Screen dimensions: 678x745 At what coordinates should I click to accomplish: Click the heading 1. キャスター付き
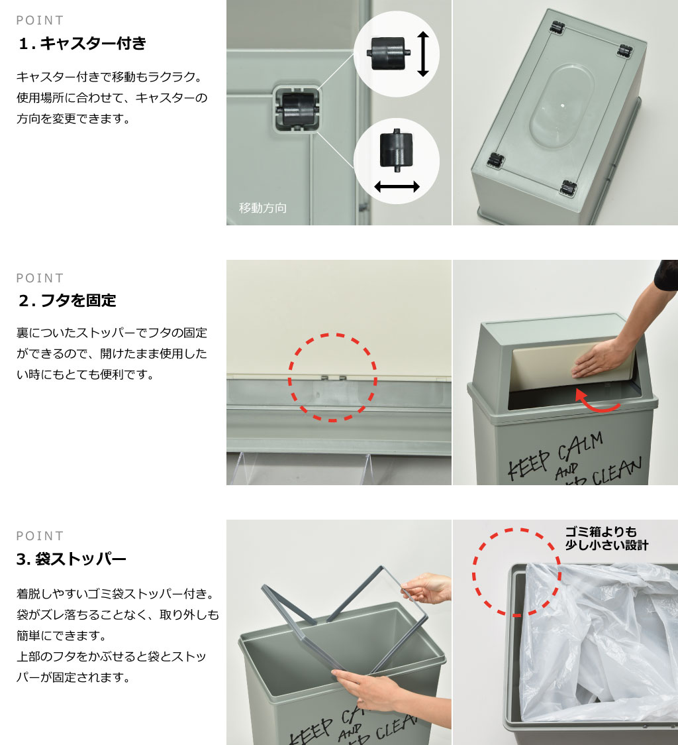82,43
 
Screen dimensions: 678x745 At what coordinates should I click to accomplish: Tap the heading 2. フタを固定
68,300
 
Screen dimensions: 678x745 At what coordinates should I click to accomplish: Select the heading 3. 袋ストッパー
72,559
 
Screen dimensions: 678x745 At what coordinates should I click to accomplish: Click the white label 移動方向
263,207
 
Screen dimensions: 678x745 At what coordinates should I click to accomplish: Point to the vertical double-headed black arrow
422,54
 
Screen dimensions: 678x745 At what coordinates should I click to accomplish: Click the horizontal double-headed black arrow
397,186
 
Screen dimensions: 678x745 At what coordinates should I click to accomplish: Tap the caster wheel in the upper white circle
389,53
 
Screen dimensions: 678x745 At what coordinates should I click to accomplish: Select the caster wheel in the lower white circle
397,150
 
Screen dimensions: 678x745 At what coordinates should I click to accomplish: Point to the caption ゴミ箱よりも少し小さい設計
606,538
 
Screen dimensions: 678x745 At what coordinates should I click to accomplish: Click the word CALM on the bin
580,446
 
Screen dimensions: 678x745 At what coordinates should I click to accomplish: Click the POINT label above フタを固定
40,278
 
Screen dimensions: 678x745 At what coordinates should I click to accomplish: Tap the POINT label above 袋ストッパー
40,536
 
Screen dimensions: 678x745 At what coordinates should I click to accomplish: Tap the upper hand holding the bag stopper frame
426,588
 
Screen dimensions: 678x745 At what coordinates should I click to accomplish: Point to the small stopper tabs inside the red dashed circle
333,378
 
